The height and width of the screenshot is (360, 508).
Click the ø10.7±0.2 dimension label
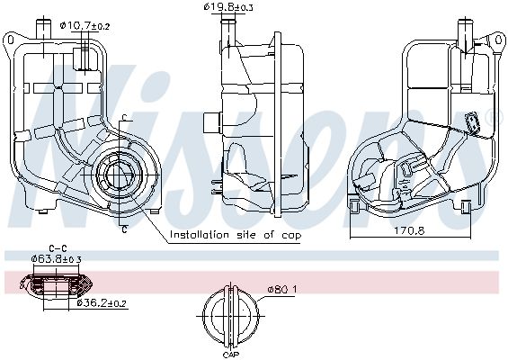(85, 26)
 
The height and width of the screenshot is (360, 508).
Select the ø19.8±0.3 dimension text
(228, 8)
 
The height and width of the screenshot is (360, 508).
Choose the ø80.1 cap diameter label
(281, 290)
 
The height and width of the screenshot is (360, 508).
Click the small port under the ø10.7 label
(86, 56)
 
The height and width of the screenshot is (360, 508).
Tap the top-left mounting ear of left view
(12, 39)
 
